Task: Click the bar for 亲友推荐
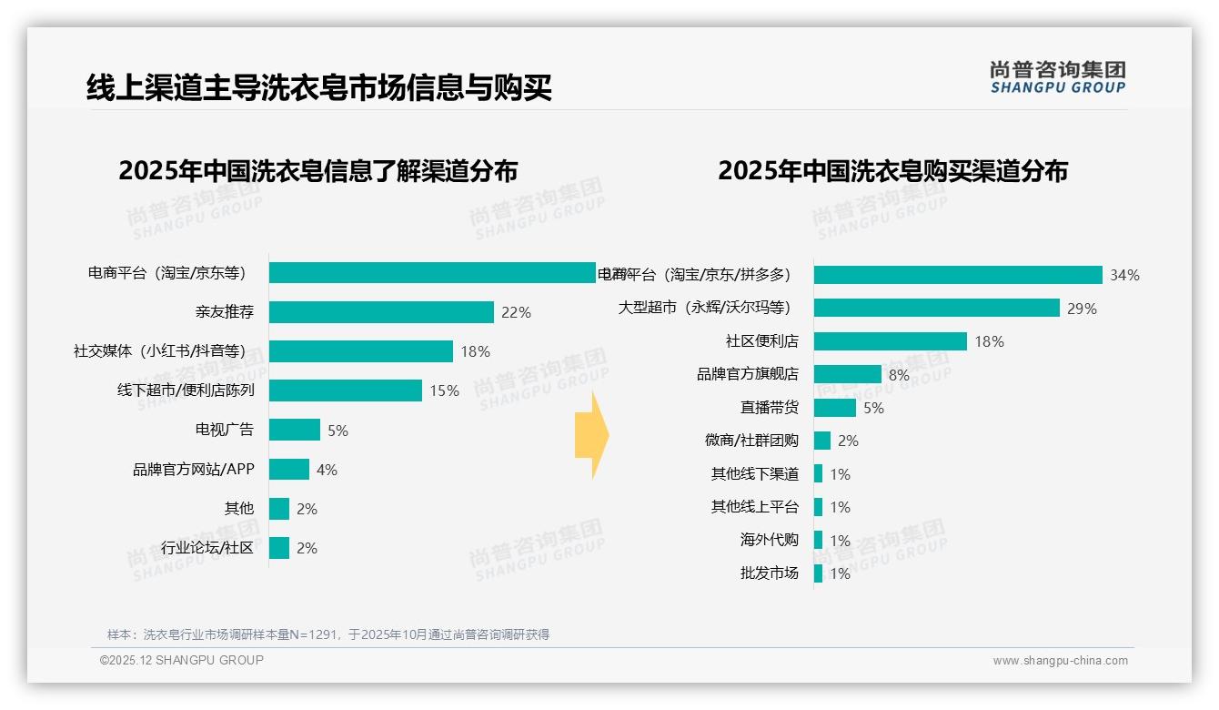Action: [x=381, y=312]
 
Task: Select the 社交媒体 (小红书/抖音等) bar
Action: [x=361, y=351]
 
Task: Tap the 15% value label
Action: [x=445, y=390]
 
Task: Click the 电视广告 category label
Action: [x=225, y=430]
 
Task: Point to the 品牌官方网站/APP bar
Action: [x=289, y=470]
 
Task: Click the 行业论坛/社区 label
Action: [x=207, y=548]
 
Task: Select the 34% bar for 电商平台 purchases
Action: [x=958, y=275]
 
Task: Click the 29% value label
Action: [x=1082, y=309]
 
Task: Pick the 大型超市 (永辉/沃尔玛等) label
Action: [x=704, y=309]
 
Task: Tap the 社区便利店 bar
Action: [x=891, y=341]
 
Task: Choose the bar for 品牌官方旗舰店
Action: [x=848, y=374]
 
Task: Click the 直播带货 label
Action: [x=770, y=408]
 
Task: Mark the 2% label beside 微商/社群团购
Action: [x=848, y=441]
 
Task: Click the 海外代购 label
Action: [x=770, y=540]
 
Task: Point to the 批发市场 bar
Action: [x=819, y=573]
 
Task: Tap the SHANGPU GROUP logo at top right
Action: [x=1058, y=76]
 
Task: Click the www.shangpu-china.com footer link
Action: [x=1060, y=661]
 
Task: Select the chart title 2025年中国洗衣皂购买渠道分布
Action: [x=892, y=171]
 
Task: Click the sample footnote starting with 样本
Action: [x=328, y=634]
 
